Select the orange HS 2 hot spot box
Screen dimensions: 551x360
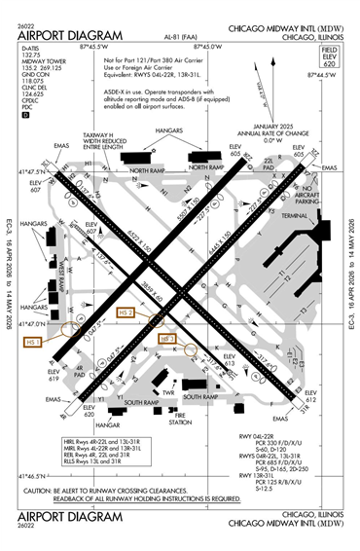click(125, 312)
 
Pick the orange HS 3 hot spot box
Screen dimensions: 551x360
click(167, 338)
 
